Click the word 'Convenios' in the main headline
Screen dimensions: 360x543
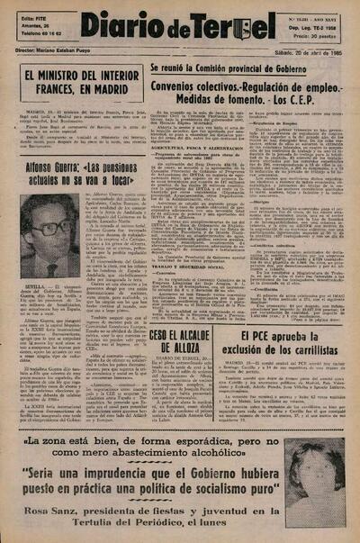pyautogui.click(x=184, y=85)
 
